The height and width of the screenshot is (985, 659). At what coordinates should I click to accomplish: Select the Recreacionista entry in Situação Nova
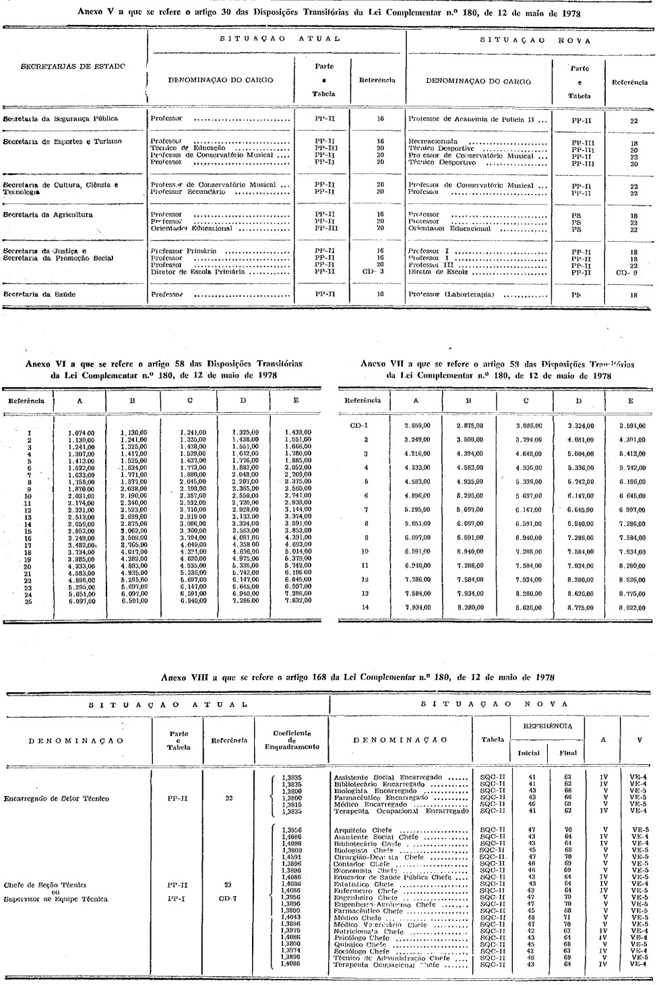(x=433, y=142)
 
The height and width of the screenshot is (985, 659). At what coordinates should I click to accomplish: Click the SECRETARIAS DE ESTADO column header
(x=73, y=66)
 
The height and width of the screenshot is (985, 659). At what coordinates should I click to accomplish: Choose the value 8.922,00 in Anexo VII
(x=631, y=607)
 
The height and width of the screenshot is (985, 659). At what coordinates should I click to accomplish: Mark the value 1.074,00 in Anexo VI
(x=81, y=433)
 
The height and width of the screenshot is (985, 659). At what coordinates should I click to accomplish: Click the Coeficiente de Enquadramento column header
(x=292, y=741)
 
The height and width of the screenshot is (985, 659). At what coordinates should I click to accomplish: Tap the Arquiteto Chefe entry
(x=363, y=830)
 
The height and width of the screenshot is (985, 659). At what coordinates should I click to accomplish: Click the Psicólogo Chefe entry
(x=362, y=937)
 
